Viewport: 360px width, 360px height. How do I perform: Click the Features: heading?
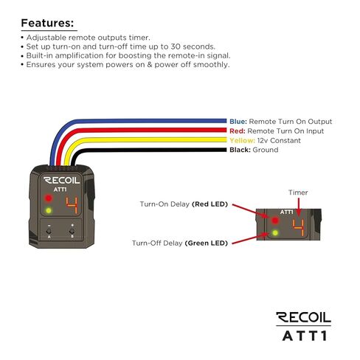[x=47, y=23]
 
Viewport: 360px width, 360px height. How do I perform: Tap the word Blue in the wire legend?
[x=238, y=122]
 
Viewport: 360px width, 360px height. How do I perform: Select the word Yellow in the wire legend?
[x=242, y=140]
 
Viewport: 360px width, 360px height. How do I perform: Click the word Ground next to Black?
[x=266, y=150]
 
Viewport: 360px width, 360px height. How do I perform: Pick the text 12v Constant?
[x=279, y=140]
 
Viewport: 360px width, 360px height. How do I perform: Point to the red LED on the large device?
[x=48, y=198]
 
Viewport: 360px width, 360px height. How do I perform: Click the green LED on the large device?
[x=49, y=210]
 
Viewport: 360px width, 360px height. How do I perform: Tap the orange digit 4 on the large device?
[x=72, y=205]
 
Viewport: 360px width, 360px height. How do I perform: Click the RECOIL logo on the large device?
[x=62, y=180]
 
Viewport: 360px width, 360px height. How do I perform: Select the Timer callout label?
[x=298, y=193]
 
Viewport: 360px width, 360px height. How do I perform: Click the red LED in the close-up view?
[x=275, y=221]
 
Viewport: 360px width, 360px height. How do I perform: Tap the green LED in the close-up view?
[x=275, y=232]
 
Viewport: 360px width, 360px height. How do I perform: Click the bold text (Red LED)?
[x=210, y=204]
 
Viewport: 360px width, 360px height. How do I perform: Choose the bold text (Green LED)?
[x=207, y=243]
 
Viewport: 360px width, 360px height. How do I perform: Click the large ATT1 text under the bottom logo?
[x=305, y=336]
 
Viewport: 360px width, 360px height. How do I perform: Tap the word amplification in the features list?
[x=79, y=56]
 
